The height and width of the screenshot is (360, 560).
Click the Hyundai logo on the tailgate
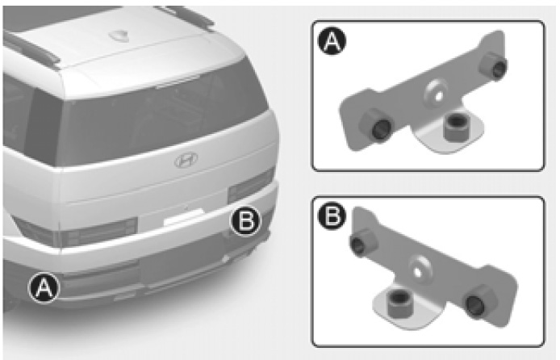point(186,160)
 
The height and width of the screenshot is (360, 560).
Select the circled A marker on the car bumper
point(44,287)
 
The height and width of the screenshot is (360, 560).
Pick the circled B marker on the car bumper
point(246,220)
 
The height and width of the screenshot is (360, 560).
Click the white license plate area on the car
point(184,217)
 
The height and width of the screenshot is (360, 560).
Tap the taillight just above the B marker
point(251,187)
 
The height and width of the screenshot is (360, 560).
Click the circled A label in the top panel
point(332,41)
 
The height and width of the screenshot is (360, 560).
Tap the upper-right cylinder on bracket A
point(494,65)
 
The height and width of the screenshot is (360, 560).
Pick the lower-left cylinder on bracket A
point(375,125)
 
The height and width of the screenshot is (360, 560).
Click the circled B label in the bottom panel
point(332,217)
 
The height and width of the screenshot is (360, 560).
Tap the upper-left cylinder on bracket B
point(361,242)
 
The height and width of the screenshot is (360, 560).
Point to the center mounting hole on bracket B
point(418,271)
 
